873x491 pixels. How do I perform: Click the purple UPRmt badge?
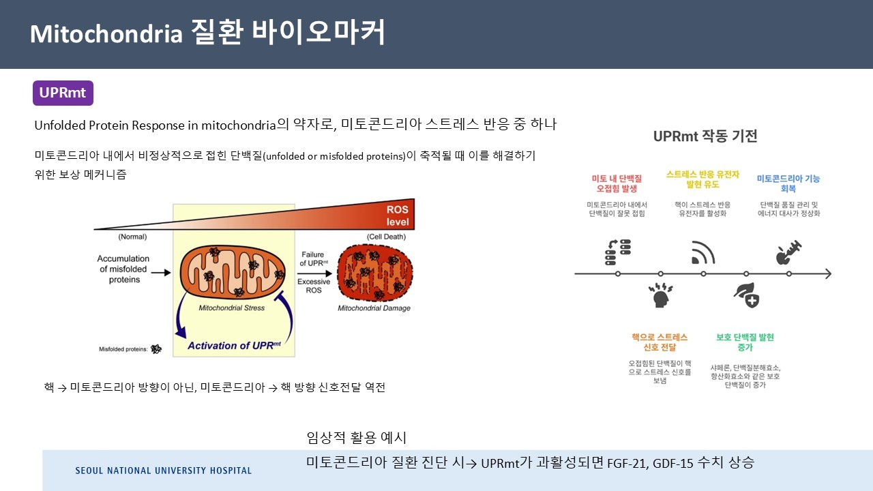click(63, 93)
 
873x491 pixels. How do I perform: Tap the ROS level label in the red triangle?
click(397, 216)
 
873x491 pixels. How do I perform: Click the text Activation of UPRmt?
click(235, 345)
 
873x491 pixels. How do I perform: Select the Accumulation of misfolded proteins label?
click(123, 269)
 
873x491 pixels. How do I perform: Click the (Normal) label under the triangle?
click(132, 237)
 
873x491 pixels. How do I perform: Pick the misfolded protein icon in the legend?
click(157, 349)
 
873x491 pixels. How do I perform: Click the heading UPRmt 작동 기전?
click(705, 136)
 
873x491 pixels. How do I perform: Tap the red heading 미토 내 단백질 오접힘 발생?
click(619, 183)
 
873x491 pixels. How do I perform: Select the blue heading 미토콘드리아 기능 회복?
click(788, 183)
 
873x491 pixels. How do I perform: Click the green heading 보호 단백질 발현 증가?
click(745, 342)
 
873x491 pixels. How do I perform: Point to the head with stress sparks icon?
click(660, 295)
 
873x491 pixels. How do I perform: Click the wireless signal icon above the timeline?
click(702, 252)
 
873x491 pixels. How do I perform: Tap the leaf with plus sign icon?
click(746, 295)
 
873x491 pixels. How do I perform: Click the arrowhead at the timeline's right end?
click(827, 273)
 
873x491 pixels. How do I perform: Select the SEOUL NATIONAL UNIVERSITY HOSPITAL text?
click(163, 471)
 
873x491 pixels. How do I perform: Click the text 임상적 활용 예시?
click(357, 437)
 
